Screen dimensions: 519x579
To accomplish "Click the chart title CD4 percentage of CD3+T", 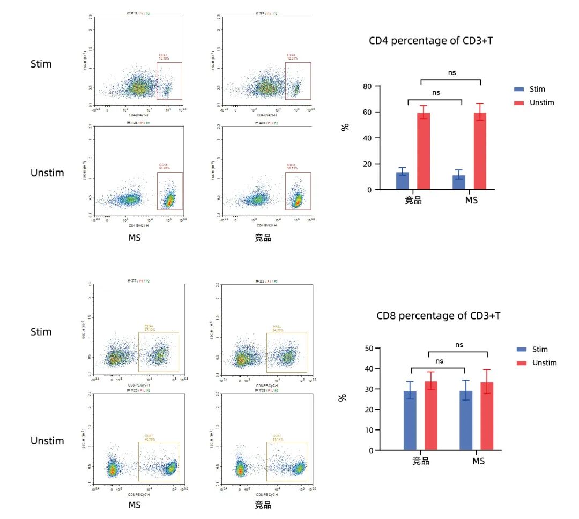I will click(430, 41).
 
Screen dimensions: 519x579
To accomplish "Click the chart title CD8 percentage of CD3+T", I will click(439, 316).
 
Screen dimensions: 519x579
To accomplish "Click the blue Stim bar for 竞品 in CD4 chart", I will click(403, 181).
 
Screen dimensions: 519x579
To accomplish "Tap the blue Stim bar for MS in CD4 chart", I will click(459, 182).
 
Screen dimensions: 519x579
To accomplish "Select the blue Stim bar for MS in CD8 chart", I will click(466, 420).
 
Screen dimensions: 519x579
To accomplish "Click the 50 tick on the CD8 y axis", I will click(369, 349).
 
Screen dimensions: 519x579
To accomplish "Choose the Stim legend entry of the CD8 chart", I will click(540, 349).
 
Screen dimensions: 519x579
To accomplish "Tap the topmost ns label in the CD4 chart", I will click(452, 72).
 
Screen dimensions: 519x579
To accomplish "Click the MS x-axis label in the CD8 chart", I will click(478, 461).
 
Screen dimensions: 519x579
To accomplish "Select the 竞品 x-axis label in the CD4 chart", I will click(413, 201).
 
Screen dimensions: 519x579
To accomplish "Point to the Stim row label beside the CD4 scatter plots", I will click(41, 64).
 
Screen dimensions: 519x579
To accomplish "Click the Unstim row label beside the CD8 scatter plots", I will click(47, 441).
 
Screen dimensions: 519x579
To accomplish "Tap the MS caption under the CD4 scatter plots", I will click(135, 238).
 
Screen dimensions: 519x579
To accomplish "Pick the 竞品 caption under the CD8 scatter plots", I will click(263, 505).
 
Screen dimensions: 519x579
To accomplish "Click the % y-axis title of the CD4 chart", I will click(346, 127).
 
